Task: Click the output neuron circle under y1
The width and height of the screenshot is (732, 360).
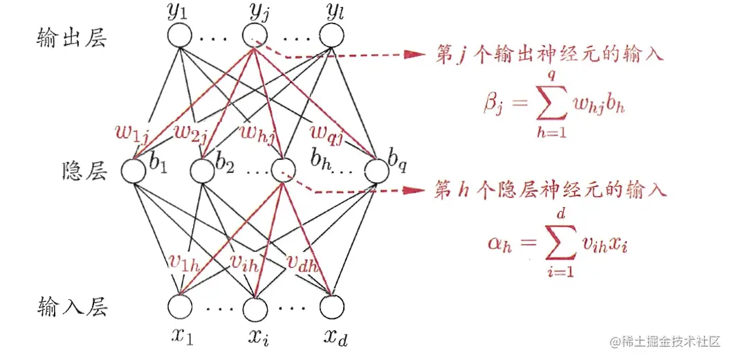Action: pos(181,35)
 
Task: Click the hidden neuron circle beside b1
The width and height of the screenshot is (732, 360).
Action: pos(134,170)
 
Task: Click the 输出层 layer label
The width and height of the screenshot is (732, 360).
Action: pos(71,39)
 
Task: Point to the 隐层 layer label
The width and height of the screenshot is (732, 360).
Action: pos(84,172)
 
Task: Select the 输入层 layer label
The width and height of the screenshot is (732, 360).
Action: pos(71,306)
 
